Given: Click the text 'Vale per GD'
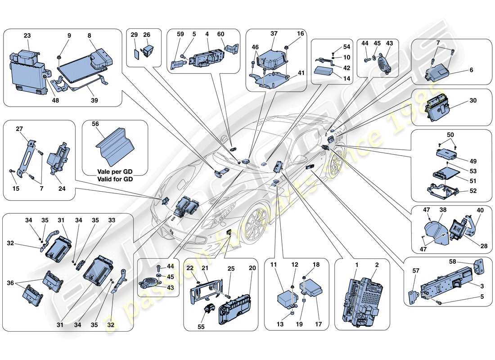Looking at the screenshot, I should pos(114,171).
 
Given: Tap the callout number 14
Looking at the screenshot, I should pos(334,78).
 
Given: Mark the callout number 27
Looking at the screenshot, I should pos(19,128).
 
